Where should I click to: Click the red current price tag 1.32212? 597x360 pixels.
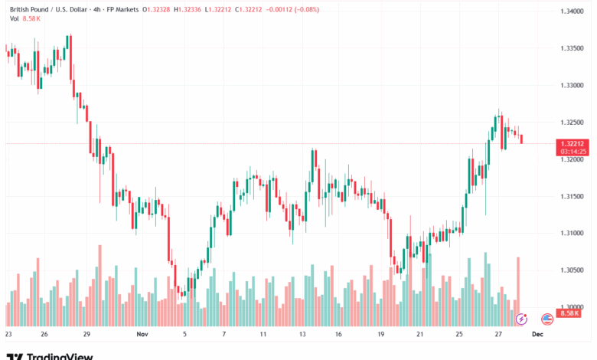pyautogui.click(x=573, y=143)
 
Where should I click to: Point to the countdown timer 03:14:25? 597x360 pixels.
pyautogui.click(x=573, y=152)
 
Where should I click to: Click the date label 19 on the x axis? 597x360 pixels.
pyautogui.click(x=380, y=335)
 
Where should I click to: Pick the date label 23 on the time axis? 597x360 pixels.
pyautogui.click(x=8, y=335)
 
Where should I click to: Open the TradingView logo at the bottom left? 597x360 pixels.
pyautogui.click(x=50, y=355)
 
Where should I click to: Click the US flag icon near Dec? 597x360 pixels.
pyautogui.click(x=547, y=319)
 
